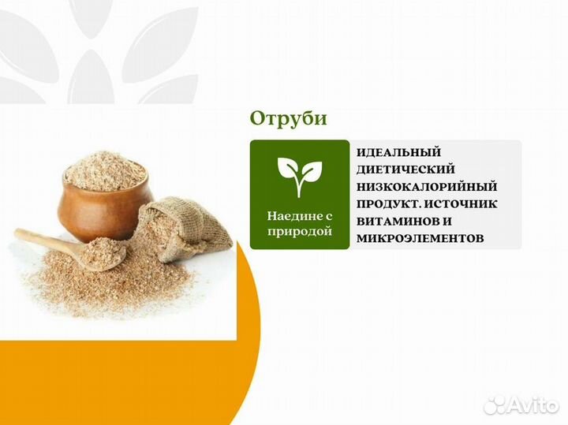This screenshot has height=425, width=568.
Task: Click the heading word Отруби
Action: tap(288, 118)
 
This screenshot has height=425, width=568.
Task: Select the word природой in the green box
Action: tap(300, 231)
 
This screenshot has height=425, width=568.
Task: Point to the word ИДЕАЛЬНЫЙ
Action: tap(398, 152)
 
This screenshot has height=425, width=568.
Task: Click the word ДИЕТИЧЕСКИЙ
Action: tap(405, 170)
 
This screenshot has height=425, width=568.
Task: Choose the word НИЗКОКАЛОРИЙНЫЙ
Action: tap(427, 187)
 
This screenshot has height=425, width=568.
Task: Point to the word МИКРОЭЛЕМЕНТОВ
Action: tap(420, 237)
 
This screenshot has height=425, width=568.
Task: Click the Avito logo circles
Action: tap(495, 405)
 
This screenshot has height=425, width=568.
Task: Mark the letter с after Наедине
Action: tap(328, 214)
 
